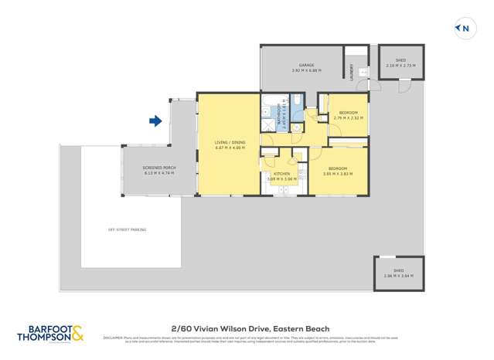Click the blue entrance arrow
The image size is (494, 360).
point(155,121)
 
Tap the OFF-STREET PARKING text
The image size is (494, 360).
point(127,229)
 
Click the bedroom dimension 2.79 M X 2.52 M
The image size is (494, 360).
point(348,118)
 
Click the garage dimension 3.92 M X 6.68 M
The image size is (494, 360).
point(306,70)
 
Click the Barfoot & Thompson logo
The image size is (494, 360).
point(51,334)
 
